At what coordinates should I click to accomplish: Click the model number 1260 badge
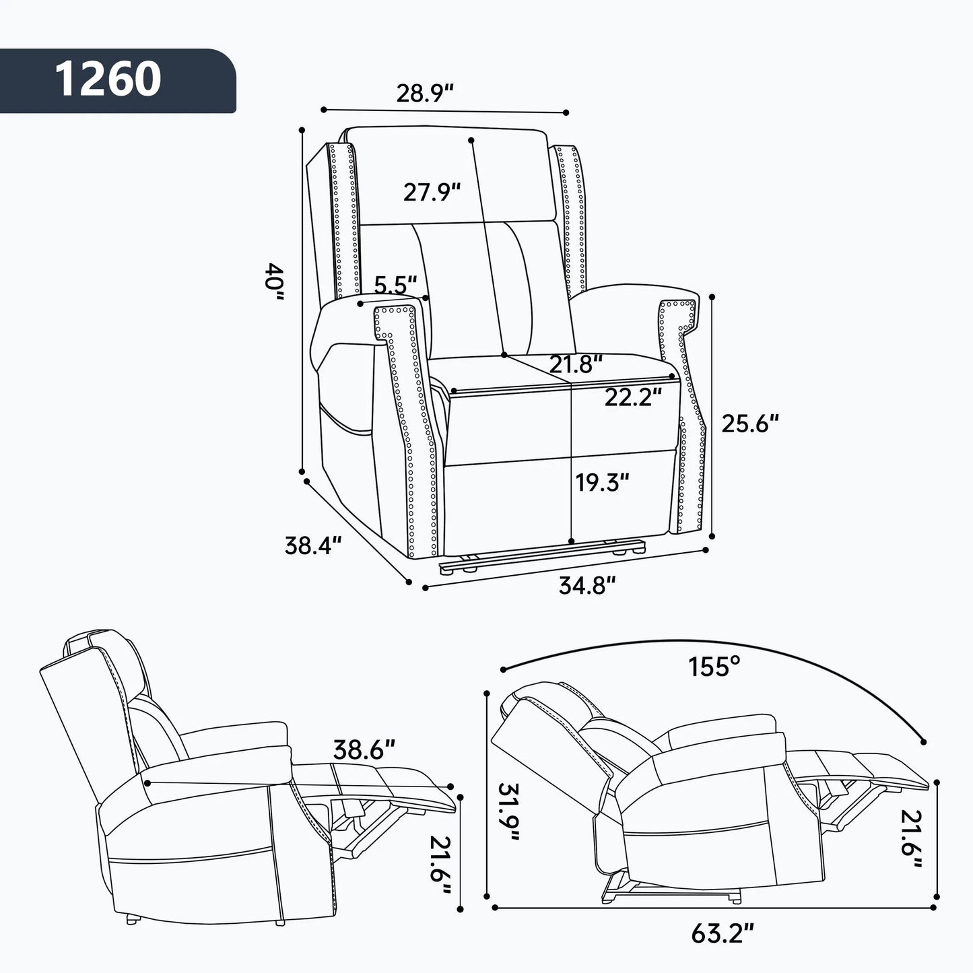pyautogui.click(x=108, y=79)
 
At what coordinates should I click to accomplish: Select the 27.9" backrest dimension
pyautogui.click(x=432, y=192)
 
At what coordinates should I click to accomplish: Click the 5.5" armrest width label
pyautogui.click(x=395, y=285)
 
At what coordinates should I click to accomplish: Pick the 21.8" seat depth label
pyautogui.click(x=575, y=364)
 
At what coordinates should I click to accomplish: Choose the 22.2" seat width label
pyautogui.click(x=628, y=397)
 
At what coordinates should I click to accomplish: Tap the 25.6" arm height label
pyautogui.click(x=750, y=423)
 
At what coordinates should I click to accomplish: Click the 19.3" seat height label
pyautogui.click(x=602, y=481)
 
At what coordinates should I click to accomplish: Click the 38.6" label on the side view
pyautogui.click(x=364, y=748)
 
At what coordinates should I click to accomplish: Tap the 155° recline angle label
pyautogui.click(x=714, y=667)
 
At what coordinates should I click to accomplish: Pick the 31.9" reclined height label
pyautogui.click(x=510, y=813)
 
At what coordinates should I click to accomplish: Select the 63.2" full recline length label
pyautogui.click(x=722, y=933)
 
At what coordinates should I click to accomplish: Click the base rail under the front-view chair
pyautogui.click(x=539, y=556)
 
